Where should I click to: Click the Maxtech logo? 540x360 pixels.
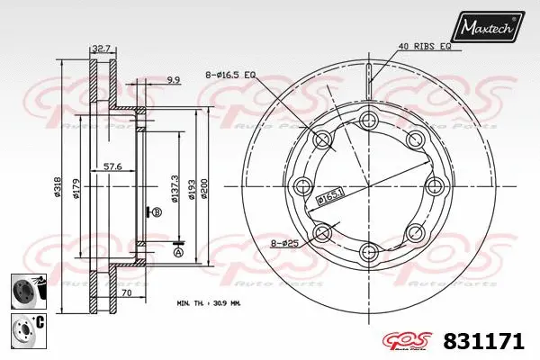(x=488, y=30)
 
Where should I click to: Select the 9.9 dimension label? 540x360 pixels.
(x=172, y=80)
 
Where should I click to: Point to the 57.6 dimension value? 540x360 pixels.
(x=113, y=167)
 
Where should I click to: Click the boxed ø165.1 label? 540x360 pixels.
(x=329, y=194)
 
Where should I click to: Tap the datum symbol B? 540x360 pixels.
(x=157, y=212)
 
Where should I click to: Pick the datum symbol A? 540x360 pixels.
(x=177, y=253)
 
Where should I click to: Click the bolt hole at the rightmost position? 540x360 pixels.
(x=435, y=186)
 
